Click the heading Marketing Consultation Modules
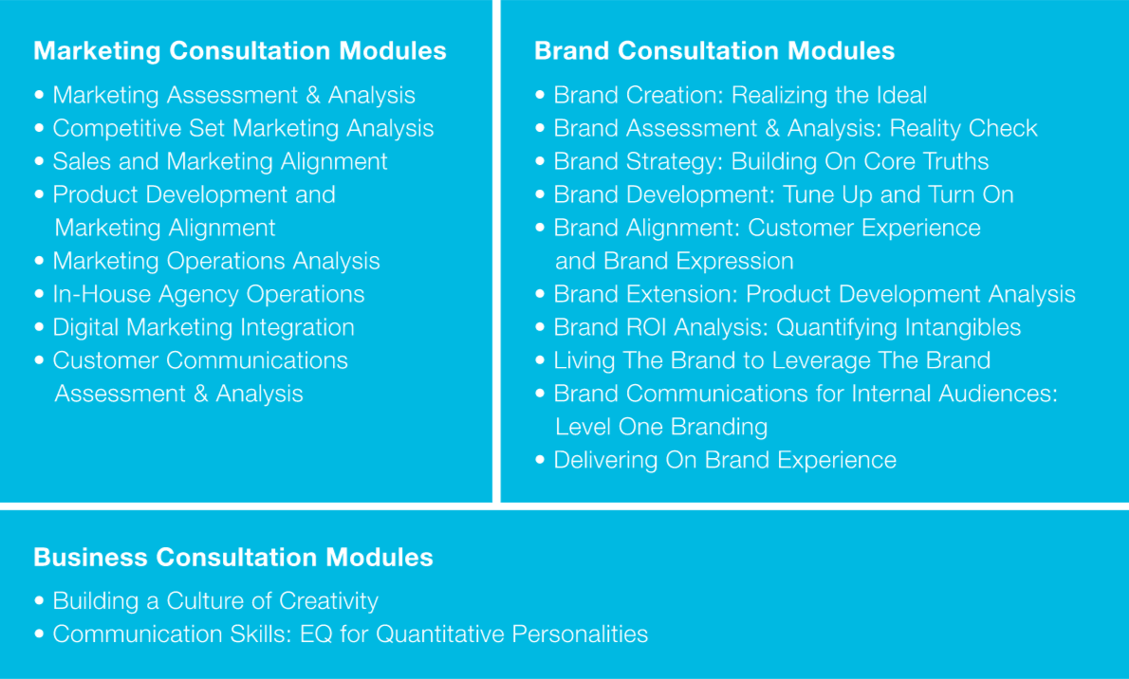[x=240, y=51]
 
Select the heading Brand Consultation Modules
[x=714, y=51]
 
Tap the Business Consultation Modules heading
[x=233, y=558]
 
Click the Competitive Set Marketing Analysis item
[x=244, y=128]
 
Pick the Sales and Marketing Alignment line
[x=220, y=162]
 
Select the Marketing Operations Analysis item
[x=216, y=262]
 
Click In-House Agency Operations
[x=209, y=295]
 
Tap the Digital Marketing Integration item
[x=204, y=327]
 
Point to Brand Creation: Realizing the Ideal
[x=740, y=95]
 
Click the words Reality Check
[x=964, y=128]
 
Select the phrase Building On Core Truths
[x=861, y=161]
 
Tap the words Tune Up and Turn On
[x=898, y=194]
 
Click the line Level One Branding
[x=661, y=427]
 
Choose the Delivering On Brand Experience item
[x=725, y=460]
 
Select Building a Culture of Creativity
[x=215, y=601]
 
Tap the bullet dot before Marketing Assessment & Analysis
[x=39, y=94]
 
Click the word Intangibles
[x=952, y=327]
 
